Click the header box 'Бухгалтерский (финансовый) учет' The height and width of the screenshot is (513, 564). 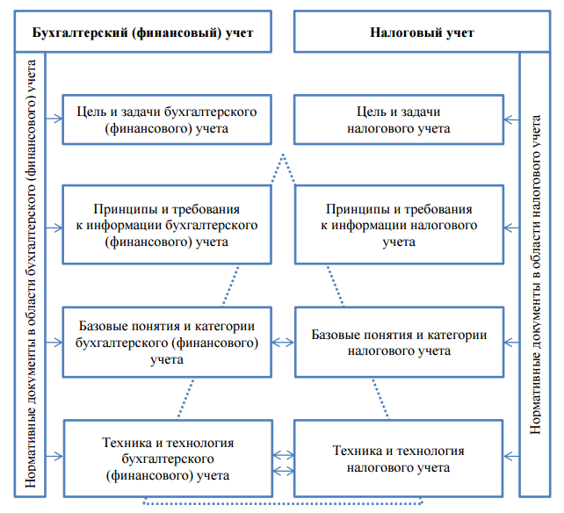point(142,33)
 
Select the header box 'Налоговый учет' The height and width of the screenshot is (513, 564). point(422,33)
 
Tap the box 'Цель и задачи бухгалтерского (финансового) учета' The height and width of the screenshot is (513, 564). point(165,119)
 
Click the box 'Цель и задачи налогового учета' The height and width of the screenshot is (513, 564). point(398,119)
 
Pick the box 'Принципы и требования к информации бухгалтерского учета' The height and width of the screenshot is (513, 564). point(165,224)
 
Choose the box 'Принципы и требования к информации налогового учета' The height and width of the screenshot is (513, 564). point(398,224)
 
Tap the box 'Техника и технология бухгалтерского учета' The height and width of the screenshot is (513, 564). point(165,457)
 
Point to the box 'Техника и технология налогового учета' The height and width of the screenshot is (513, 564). point(398,457)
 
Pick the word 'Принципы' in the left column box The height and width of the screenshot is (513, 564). point(121,210)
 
